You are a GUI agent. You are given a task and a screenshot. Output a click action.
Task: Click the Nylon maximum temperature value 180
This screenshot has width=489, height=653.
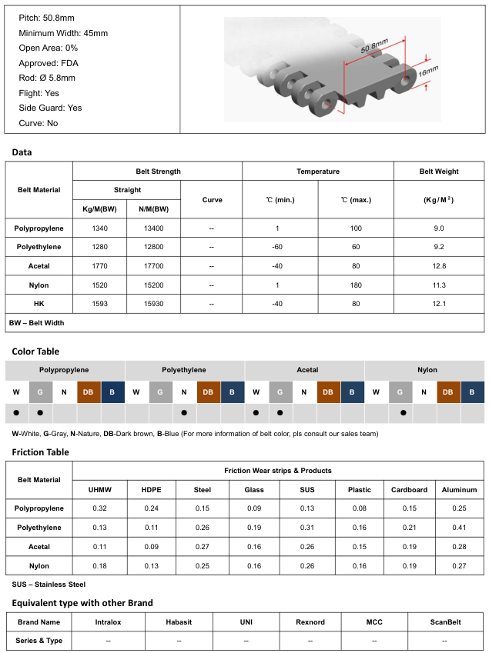(355, 285)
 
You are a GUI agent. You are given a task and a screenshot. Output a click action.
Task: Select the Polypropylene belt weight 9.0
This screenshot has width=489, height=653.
(439, 228)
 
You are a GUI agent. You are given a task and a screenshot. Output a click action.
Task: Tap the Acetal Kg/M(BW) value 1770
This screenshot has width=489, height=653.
(99, 266)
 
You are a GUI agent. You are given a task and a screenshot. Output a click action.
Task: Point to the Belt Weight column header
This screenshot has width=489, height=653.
(439, 172)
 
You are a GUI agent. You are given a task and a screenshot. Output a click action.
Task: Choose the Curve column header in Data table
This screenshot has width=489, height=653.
(212, 200)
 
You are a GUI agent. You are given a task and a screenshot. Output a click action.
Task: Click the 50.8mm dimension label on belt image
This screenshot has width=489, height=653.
(375, 50)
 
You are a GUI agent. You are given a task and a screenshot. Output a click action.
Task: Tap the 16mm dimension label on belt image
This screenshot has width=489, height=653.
(427, 72)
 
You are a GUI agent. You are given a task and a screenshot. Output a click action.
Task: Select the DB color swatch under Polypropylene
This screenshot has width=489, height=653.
(89, 391)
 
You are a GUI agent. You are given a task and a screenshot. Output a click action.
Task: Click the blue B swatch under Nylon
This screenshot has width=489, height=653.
(472, 391)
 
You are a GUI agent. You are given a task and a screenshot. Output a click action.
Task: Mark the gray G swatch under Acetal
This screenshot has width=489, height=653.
(280, 391)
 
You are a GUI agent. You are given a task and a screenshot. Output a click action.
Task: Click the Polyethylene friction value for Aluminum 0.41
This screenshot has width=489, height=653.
(460, 528)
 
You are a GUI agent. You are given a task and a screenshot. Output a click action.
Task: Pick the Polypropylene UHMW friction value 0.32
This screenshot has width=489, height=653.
(99, 508)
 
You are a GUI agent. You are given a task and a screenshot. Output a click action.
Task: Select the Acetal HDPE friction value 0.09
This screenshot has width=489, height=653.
(152, 546)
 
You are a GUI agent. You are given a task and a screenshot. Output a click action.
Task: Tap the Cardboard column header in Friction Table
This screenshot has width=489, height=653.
(409, 489)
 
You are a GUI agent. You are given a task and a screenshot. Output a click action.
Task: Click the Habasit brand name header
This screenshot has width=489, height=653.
(179, 621)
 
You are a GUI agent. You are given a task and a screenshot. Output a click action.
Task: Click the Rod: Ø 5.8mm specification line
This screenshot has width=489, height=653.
(47, 78)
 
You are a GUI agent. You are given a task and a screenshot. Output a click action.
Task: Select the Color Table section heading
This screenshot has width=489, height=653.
(35, 351)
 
